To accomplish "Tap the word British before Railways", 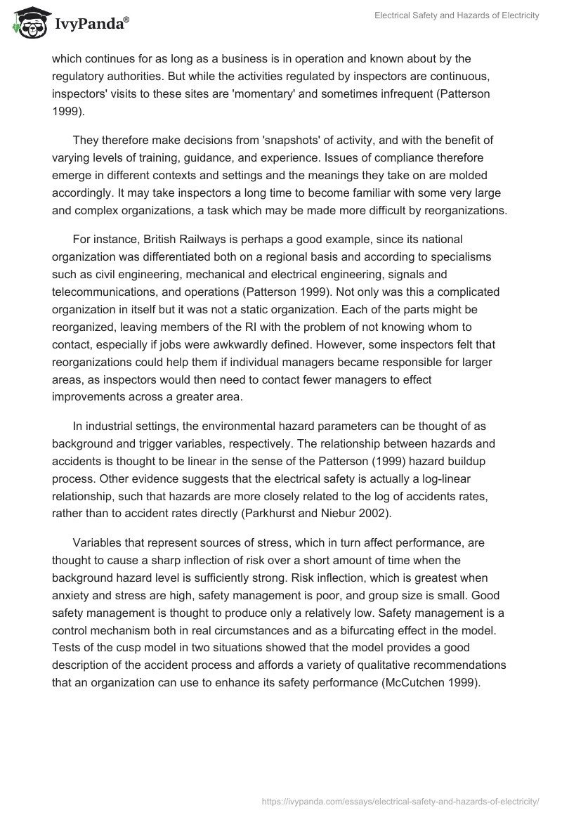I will tap(149, 240).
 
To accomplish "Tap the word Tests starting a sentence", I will tap(68, 647).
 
